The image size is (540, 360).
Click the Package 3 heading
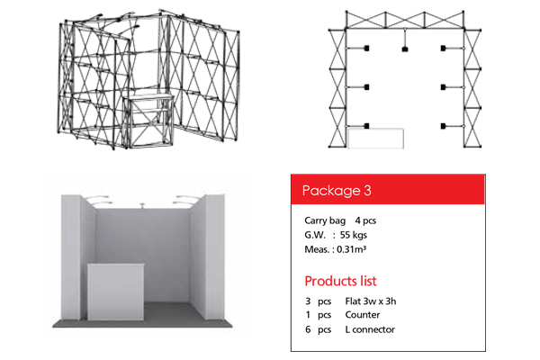click(x=337, y=191)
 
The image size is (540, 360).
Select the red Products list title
click(x=340, y=281)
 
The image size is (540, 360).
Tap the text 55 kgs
click(x=354, y=235)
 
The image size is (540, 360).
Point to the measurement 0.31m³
click(x=351, y=249)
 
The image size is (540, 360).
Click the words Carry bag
click(x=325, y=220)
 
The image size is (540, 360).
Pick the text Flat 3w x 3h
click(x=371, y=301)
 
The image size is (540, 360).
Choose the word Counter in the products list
click(x=363, y=315)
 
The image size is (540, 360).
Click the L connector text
click(x=370, y=329)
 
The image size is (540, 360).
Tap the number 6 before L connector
click(x=308, y=329)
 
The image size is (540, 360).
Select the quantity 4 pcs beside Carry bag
click(x=365, y=220)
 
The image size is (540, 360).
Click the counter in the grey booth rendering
click(x=115, y=292)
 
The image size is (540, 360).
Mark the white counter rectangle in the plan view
click(x=375, y=139)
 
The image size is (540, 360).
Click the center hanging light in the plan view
click(x=405, y=49)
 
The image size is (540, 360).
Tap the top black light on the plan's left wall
click(x=367, y=49)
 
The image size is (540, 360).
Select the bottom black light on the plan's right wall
click(x=443, y=126)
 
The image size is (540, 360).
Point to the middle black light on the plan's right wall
click(x=443, y=87)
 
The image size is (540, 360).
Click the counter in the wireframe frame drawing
click(x=148, y=121)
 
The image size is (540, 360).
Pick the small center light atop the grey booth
click(x=142, y=206)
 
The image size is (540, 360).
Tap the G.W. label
click(x=315, y=235)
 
